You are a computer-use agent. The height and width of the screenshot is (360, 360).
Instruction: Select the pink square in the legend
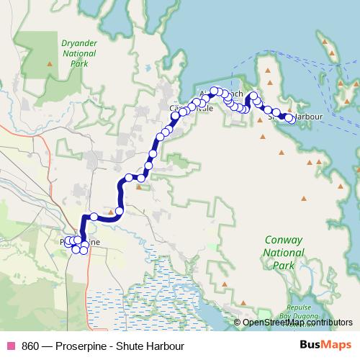[x=11, y=346]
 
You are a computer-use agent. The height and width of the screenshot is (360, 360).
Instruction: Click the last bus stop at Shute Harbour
[x=289, y=118]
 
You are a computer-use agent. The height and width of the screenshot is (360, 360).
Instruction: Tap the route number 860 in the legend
[x=30, y=346]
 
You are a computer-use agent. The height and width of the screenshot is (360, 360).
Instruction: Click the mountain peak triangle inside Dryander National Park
[x=50, y=65]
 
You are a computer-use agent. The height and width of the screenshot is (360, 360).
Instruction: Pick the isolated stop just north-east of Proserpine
[x=94, y=217]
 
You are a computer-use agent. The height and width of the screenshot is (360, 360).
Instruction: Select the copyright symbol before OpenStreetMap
[x=238, y=323]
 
